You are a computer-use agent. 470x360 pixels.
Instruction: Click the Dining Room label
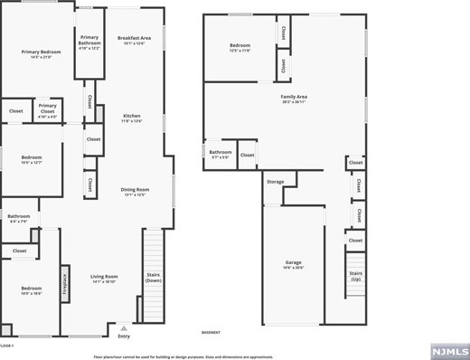(134, 191)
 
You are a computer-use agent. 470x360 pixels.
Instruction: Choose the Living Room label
(104, 279)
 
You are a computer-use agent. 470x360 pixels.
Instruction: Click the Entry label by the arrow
(124, 336)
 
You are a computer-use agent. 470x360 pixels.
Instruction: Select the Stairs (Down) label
(154, 278)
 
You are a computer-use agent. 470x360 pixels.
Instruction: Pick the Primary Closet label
(47, 109)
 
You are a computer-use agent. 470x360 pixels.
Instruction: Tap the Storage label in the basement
(275, 182)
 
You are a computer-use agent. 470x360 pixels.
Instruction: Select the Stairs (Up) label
(355, 275)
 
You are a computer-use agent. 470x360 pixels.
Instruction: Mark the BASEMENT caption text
(211, 332)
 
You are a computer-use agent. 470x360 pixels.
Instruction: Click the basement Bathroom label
(221, 154)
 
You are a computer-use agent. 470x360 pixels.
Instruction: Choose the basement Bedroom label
(240, 47)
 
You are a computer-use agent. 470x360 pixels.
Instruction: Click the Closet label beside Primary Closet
(16, 111)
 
